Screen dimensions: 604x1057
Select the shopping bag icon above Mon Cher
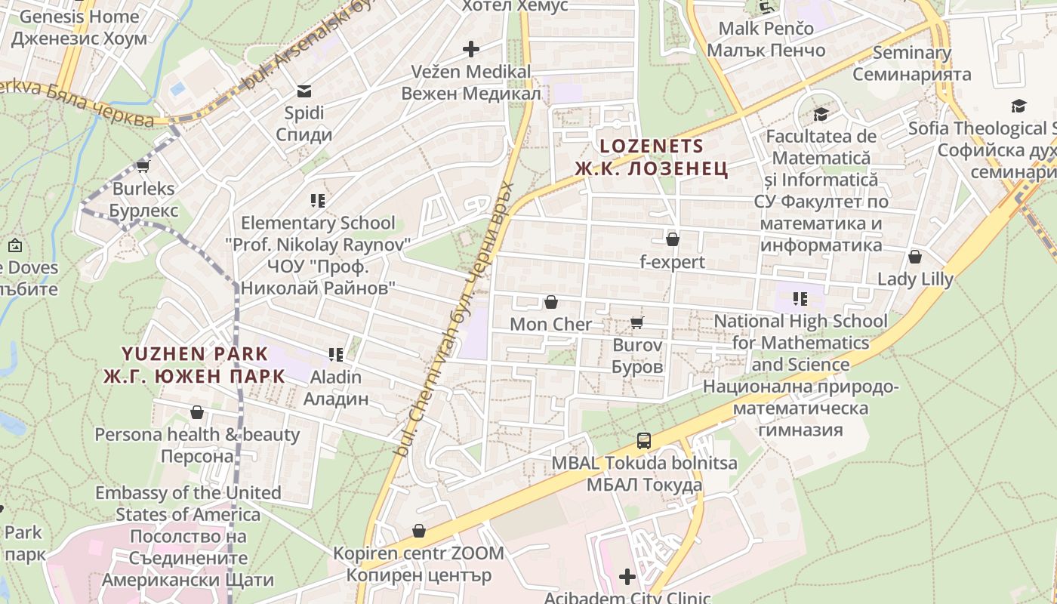click(551, 303)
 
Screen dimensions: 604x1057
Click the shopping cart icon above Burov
click(636, 323)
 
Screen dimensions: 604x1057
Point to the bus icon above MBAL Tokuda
click(644, 440)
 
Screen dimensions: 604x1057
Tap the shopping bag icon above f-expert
click(672, 240)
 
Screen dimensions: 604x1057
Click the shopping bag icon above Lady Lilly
click(915, 257)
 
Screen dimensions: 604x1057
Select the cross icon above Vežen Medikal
click(471, 50)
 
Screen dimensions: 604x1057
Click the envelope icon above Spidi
click(304, 91)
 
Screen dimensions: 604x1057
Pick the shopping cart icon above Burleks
click(143, 166)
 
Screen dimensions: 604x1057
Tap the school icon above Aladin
click(336, 354)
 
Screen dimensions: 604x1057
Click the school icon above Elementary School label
click(318, 201)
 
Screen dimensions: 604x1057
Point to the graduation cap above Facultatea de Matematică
click(821, 115)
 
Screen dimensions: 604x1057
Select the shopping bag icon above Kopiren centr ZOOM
click(419, 532)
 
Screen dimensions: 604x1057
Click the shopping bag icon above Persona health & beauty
click(197, 412)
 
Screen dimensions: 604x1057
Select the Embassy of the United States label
click(188, 504)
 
